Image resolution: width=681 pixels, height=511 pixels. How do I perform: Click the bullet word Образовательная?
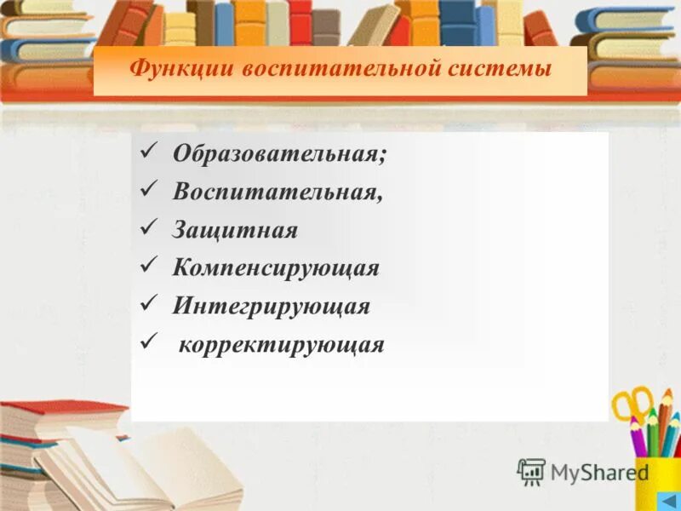[279, 154]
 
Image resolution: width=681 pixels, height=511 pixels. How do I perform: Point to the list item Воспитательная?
[278, 192]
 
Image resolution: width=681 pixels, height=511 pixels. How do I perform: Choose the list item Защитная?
[235, 230]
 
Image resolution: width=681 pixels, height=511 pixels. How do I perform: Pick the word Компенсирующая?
[276, 268]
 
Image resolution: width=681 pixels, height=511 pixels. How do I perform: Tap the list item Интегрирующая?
[272, 306]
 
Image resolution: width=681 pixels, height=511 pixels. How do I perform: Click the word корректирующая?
[282, 345]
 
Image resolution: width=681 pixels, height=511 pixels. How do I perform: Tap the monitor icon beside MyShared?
[531, 472]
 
